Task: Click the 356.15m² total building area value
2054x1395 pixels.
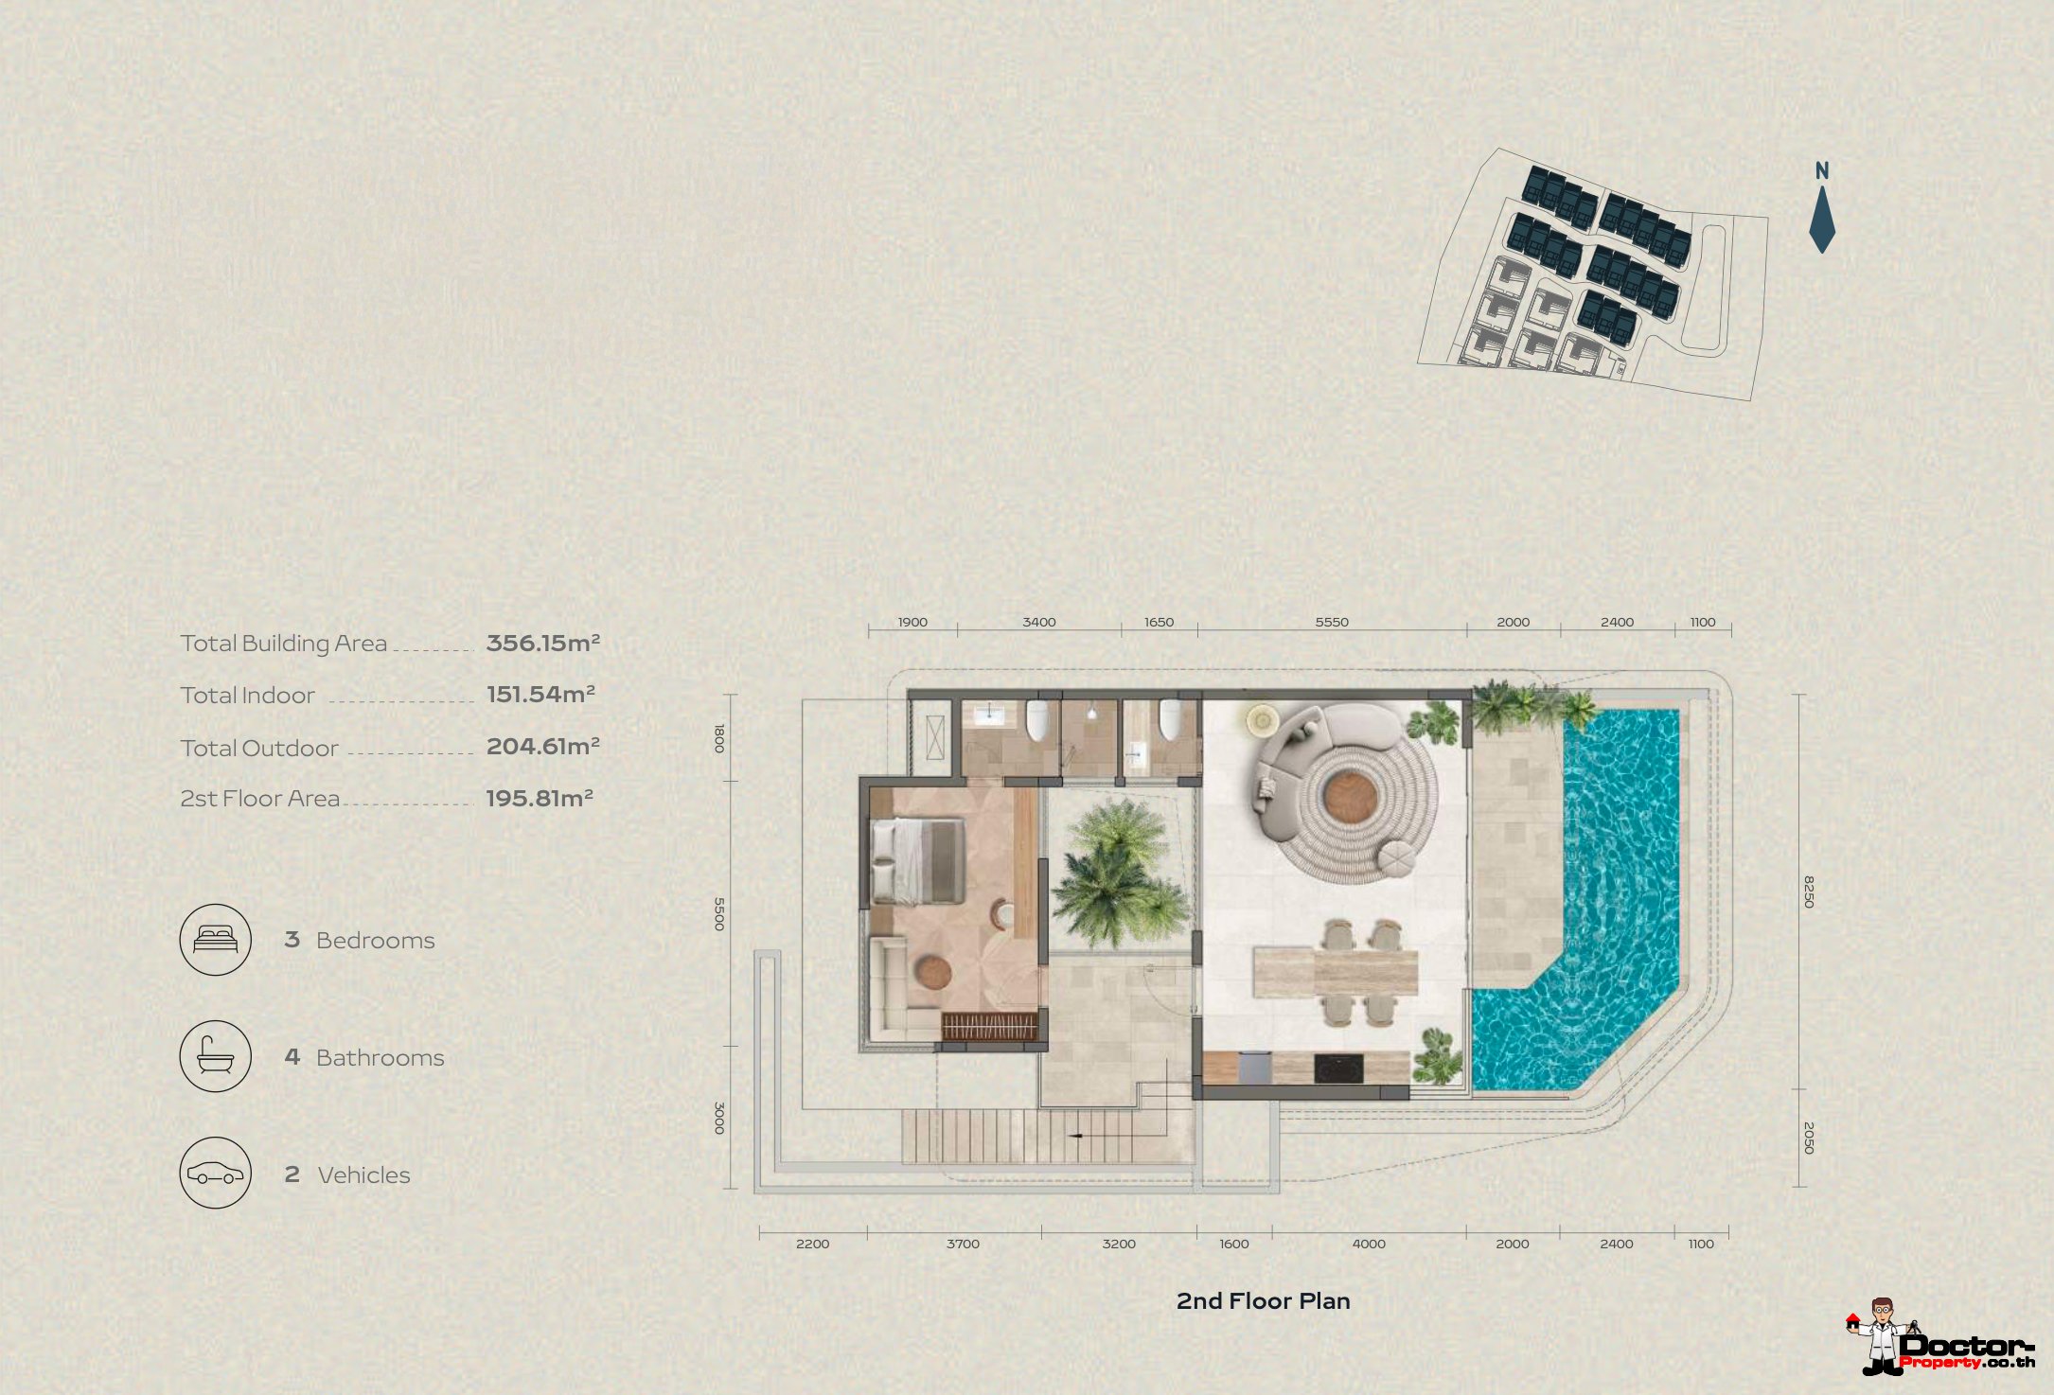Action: (543, 644)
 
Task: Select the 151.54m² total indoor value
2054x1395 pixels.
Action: (540, 695)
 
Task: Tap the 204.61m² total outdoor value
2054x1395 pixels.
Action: (543, 747)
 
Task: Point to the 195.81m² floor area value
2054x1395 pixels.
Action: (540, 799)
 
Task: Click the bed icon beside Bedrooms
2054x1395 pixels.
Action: (216, 939)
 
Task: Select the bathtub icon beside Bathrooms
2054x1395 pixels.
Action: (216, 1056)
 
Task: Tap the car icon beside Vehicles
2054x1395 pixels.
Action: (216, 1174)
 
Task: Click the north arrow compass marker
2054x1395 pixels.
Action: (1822, 219)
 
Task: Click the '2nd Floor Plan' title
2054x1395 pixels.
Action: (1263, 1301)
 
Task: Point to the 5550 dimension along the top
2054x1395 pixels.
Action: (1332, 623)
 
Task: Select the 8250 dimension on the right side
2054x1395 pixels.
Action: (1808, 892)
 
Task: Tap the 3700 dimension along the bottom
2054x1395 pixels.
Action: (963, 1245)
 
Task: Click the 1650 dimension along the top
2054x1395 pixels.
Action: (1159, 623)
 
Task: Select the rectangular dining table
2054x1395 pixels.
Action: (1336, 973)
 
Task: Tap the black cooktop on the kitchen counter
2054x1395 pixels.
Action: (1338, 1068)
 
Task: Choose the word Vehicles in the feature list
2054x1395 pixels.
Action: (364, 1175)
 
